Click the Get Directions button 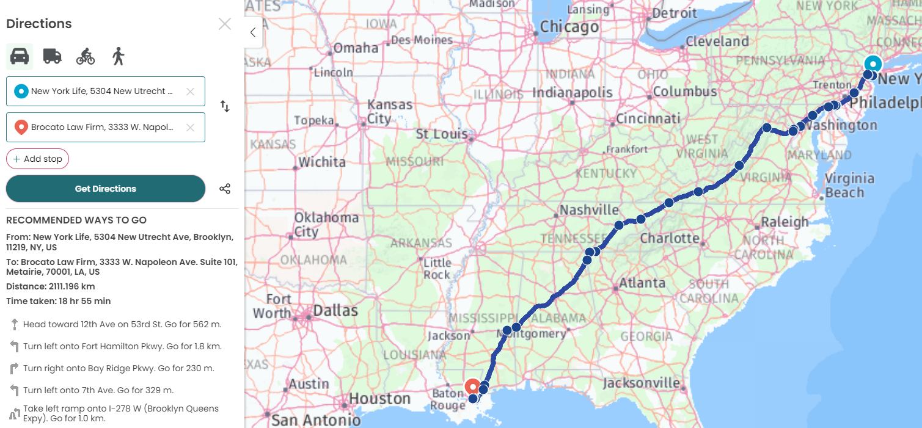click(105, 189)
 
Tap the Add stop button click(37, 159)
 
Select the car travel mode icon click(20, 56)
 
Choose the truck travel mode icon click(53, 56)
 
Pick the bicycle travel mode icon click(86, 57)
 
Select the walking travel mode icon click(118, 56)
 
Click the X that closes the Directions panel click(225, 24)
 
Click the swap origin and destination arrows click(225, 106)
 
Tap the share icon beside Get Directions click(225, 189)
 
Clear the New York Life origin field click(190, 92)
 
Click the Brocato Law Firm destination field click(101, 128)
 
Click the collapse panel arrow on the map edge click(253, 33)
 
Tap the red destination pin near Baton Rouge click(472, 386)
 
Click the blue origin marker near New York click(873, 64)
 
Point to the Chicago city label click(569, 27)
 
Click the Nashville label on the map click(589, 210)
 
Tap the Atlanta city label click(642, 283)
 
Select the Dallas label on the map click(335, 311)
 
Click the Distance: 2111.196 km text click(50, 286)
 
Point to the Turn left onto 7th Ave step click(98, 390)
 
